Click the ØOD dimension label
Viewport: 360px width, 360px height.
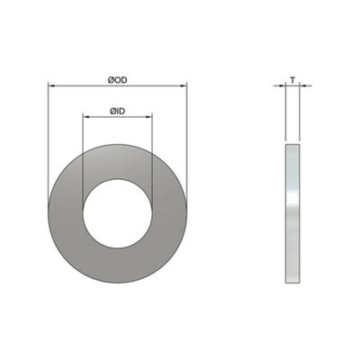pos(117,80)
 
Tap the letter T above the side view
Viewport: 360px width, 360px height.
pos(292,80)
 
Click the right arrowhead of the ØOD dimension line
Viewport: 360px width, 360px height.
pos(184,86)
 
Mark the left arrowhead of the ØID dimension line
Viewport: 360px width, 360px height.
pos(85,116)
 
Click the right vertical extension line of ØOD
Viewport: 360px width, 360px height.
pos(187,135)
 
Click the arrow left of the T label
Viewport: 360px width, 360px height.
pos(279,86)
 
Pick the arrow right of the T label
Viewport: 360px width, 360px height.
pos(306,86)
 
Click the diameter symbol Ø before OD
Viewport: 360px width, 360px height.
pos(109,80)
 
